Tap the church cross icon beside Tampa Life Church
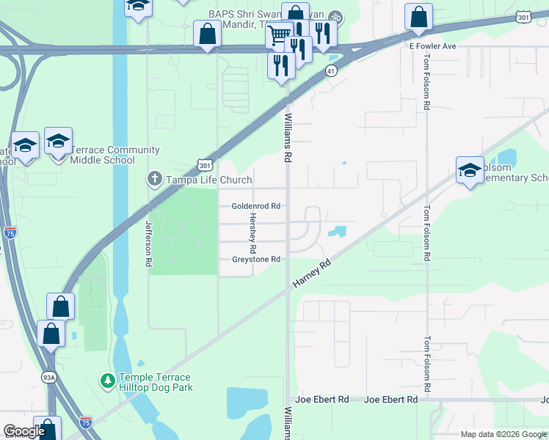click(x=154, y=178)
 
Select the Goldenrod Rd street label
click(x=256, y=207)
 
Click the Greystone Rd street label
click(x=256, y=260)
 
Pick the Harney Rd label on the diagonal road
click(x=312, y=272)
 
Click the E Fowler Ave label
click(x=433, y=45)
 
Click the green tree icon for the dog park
click(x=107, y=381)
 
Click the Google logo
click(x=24, y=432)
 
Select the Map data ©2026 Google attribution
click(x=503, y=434)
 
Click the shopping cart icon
click(x=278, y=34)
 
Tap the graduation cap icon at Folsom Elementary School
click(x=470, y=171)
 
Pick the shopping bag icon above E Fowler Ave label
click(x=418, y=17)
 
